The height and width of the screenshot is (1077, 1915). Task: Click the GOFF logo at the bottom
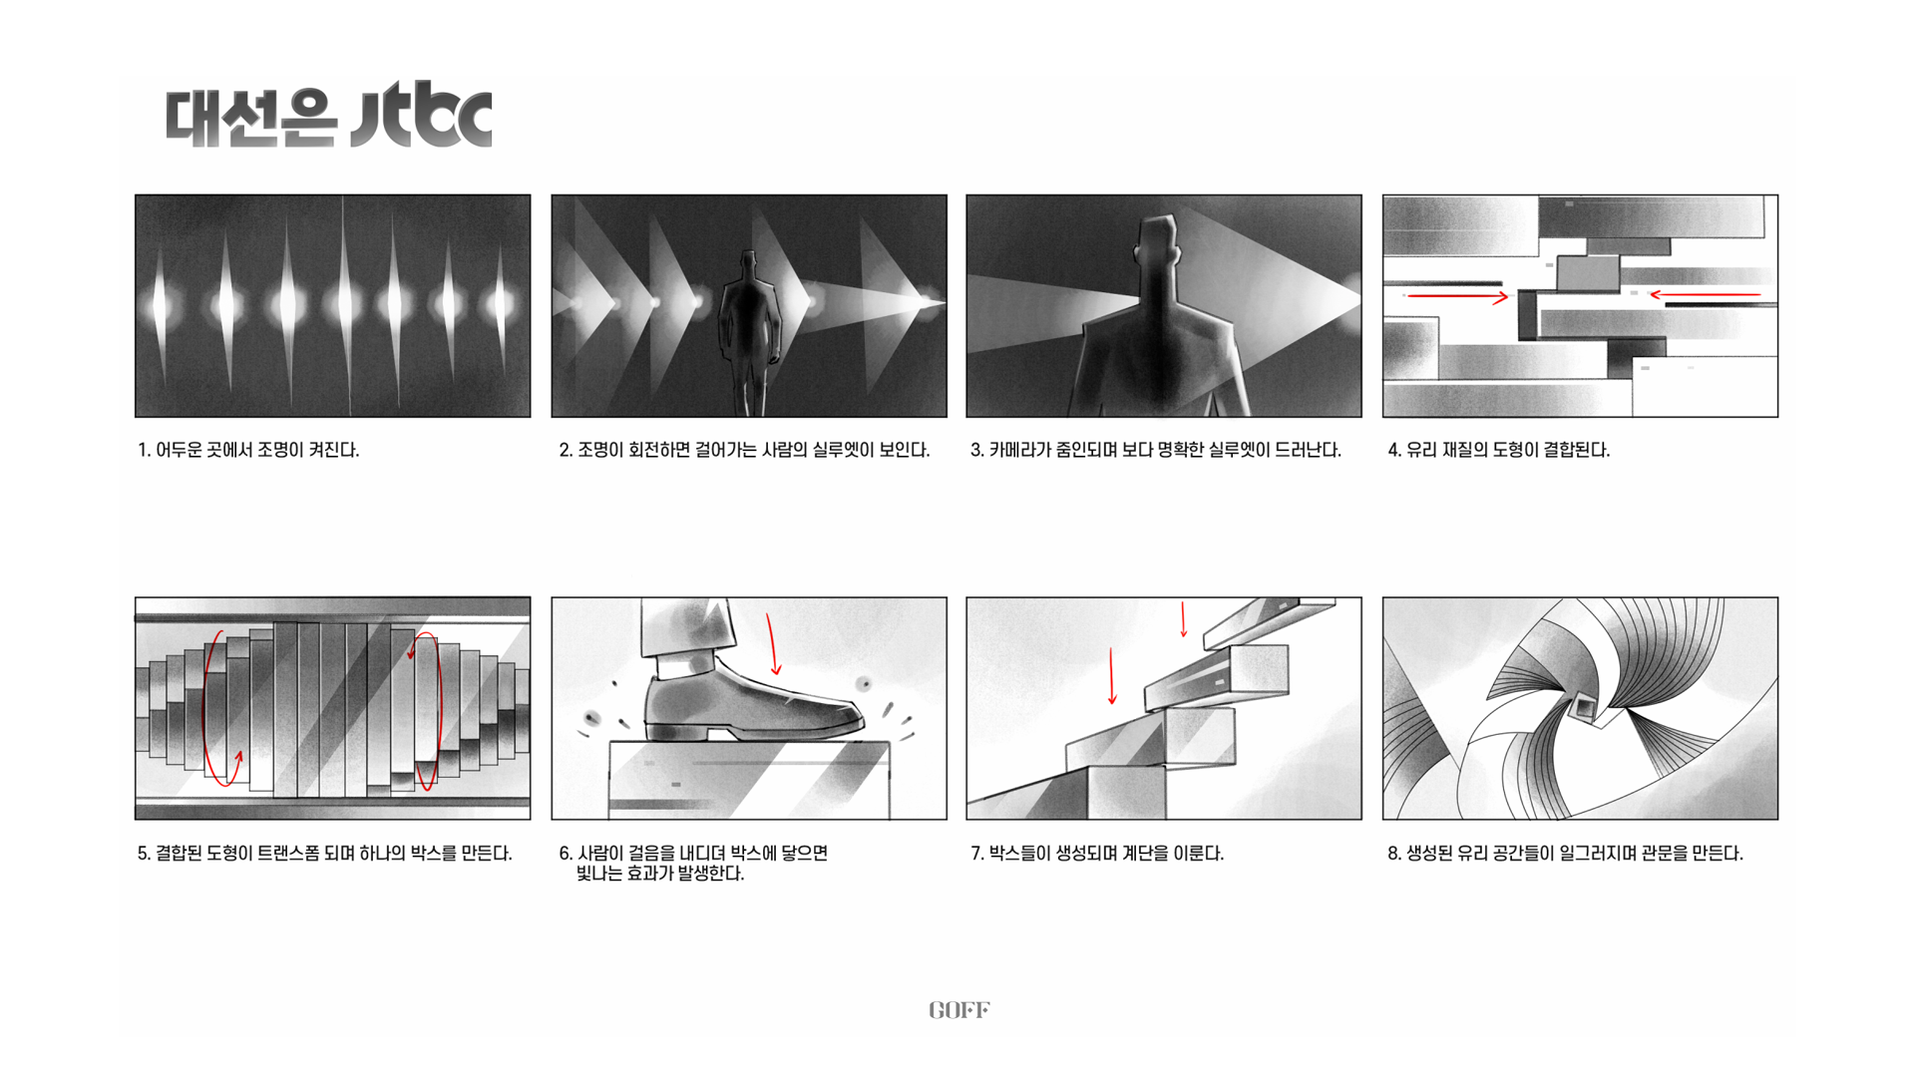click(x=958, y=1010)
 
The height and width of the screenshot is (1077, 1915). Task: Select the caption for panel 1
click(x=248, y=450)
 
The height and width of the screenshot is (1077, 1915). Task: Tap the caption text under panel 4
click(x=1499, y=450)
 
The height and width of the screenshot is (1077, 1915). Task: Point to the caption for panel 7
click(x=1097, y=854)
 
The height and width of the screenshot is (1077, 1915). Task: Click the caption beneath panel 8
click(x=1565, y=854)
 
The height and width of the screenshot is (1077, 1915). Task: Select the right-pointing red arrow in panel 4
click(x=1457, y=296)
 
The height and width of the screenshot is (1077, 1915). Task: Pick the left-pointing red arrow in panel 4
click(x=1705, y=294)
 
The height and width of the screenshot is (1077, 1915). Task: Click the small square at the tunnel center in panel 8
click(x=1583, y=708)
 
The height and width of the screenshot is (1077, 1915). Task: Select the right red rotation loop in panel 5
click(x=427, y=711)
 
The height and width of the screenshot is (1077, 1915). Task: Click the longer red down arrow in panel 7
click(x=1112, y=676)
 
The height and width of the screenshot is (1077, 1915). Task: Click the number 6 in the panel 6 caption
click(x=565, y=854)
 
